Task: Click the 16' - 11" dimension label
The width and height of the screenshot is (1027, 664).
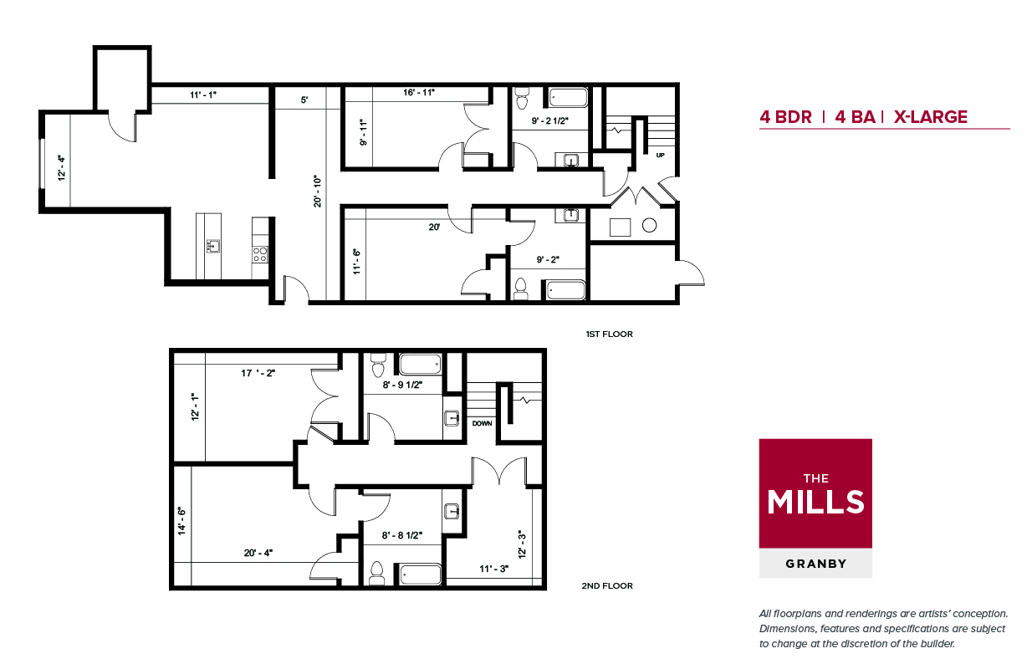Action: [x=419, y=93]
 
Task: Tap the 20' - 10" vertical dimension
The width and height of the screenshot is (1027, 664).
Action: [x=317, y=192]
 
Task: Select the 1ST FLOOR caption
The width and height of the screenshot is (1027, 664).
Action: [x=609, y=335]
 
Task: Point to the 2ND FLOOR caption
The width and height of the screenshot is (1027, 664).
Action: [x=607, y=585]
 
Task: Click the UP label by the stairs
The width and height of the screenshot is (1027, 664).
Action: [x=660, y=155]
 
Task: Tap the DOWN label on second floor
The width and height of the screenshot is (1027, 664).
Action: [x=482, y=423]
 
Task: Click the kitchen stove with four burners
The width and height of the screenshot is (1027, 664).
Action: [x=260, y=254]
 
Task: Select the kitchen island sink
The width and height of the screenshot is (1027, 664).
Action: [x=212, y=246]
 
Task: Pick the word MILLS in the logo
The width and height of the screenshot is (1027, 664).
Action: [x=815, y=502]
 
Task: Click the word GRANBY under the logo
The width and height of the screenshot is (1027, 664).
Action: [x=816, y=564]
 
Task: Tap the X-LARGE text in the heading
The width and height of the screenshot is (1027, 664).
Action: [x=931, y=117]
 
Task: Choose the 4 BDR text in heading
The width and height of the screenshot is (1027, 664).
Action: [x=785, y=117]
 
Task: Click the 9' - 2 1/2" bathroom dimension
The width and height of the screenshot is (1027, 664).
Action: [x=549, y=120]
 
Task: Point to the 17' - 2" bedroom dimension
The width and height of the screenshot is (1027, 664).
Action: [x=258, y=373]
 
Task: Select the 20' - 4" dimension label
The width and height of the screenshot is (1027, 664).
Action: [x=258, y=553]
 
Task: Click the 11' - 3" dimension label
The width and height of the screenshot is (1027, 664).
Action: [x=493, y=569]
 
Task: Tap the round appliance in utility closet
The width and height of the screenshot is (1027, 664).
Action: [x=649, y=225]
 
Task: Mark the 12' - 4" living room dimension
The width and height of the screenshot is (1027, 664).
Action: [x=61, y=168]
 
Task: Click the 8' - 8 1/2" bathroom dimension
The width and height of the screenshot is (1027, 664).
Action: [x=402, y=535]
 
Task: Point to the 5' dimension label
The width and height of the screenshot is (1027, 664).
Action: [x=304, y=100]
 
